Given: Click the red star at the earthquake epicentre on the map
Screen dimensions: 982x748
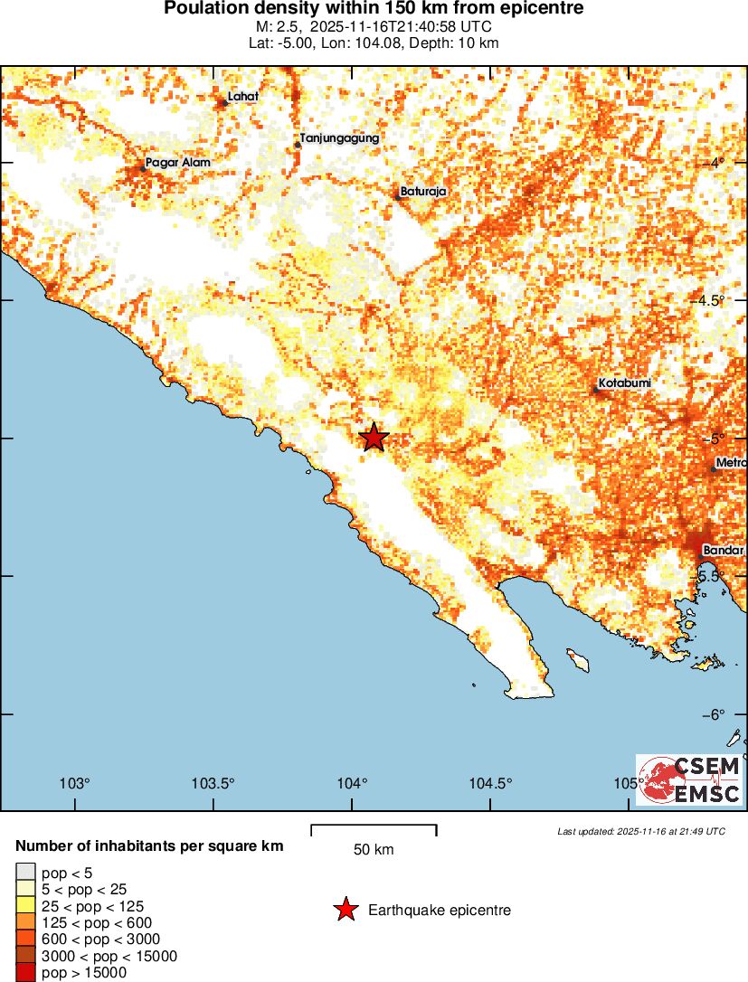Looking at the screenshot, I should (x=374, y=438).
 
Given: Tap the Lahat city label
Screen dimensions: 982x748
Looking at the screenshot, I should (x=243, y=96).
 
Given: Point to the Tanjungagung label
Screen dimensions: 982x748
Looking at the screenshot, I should (x=339, y=138).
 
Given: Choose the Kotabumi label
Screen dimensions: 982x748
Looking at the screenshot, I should (x=625, y=383).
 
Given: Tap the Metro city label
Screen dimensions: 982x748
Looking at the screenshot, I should (x=731, y=463).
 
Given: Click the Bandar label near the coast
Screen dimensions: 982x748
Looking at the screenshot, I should (x=724, y=550).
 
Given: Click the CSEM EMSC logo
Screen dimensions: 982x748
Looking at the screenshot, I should (x=690, y=780).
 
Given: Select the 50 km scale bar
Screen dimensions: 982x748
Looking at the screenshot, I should (x=374, y=826).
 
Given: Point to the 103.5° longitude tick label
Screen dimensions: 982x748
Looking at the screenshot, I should (x=213, y=783).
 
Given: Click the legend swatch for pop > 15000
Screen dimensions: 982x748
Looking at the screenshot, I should (x=24, y=973).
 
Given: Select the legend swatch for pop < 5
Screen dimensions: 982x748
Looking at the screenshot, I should (x=24, y=873).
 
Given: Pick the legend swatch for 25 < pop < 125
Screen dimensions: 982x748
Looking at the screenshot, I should (x=24, y=906).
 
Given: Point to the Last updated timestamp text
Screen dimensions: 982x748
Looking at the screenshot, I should (x=640, y=831).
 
